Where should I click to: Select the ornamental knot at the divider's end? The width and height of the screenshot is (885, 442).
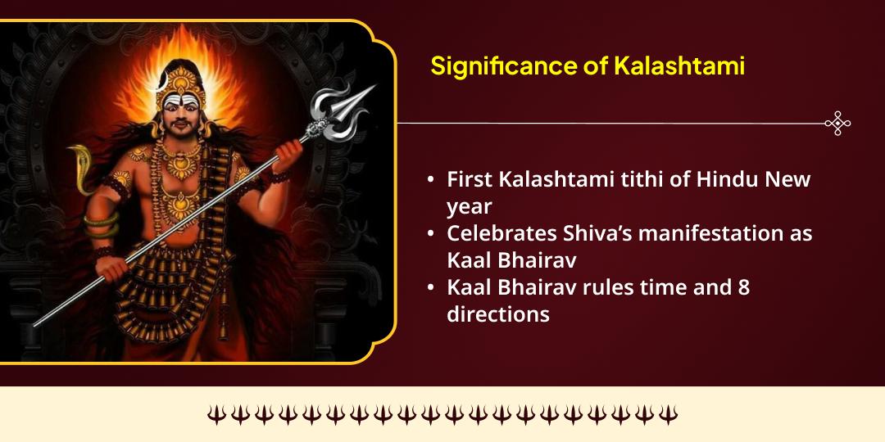pos(837,124)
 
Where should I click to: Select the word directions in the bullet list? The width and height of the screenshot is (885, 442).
pos(498,313)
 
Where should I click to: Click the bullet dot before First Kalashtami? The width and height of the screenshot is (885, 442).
pos(431,179)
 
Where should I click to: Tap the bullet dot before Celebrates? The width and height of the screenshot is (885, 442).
pos(431,232)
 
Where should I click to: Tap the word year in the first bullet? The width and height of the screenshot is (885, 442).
pos(469,206)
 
